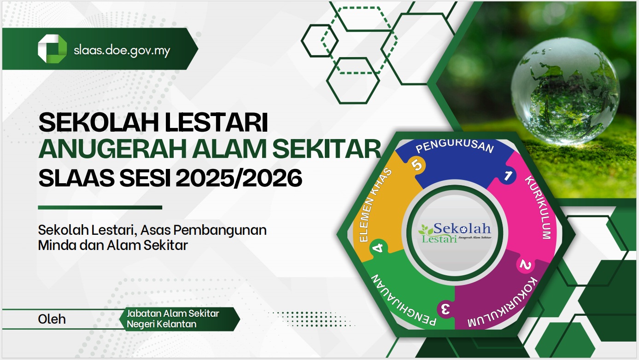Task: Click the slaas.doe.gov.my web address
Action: coord(122,51)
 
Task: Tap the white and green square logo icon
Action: coord(52,49)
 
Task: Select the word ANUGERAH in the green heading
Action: coord(113,149)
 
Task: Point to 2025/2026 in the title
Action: coord(239,178)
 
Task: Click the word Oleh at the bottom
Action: coord(52,319)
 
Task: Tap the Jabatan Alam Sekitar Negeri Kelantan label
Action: coord(173,319)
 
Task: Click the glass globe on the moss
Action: coord(565,91)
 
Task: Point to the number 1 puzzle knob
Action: coord(507,175)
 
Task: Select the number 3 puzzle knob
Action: coord(446,309)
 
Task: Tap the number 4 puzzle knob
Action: coord(379,248)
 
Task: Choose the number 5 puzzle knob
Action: coord(417,165)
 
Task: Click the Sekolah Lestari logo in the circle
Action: coord(455,232)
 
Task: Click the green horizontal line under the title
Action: coord(100,208)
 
